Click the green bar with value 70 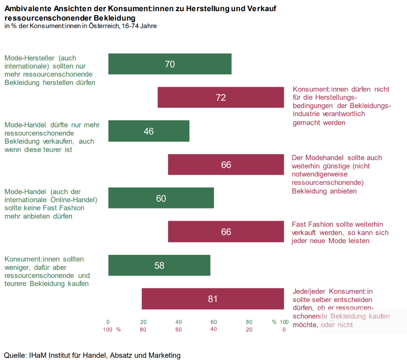coord(170,64)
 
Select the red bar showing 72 coord(221,98)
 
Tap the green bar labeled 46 coord(149,131)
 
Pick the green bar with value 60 coord(161,198)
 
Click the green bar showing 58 coord(159,266)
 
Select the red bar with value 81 coord(213,299)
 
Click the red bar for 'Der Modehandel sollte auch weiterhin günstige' coord(226,165)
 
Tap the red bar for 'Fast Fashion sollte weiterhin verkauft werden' coord(226,232)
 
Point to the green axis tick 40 coord(178,322)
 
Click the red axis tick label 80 coord(143,330)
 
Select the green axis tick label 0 coord(108,322)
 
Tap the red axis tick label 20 coord(249,330)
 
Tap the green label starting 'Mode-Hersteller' coord(49,70)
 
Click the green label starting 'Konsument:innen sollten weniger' coord(47,271)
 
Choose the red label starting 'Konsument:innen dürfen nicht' coord(341,106)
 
